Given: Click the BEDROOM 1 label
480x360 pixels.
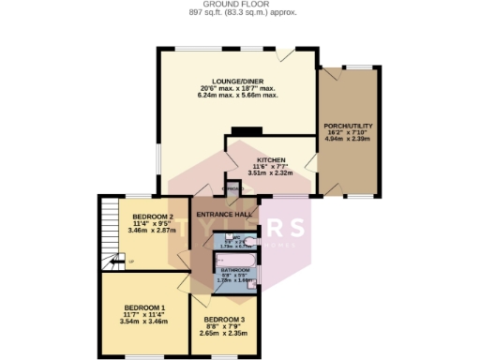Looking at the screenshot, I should click(144, 307).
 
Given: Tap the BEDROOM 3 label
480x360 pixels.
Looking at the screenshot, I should click(223, 320).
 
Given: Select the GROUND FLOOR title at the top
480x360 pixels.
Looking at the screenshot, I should click(239, 4).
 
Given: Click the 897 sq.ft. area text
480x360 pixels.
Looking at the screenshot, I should click(239, 12).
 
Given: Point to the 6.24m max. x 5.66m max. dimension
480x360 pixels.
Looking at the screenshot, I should click(237, 95).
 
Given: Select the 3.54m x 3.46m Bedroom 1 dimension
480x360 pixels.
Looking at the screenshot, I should click(144, 321).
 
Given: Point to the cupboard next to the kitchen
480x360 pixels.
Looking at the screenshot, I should click(230, 188).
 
